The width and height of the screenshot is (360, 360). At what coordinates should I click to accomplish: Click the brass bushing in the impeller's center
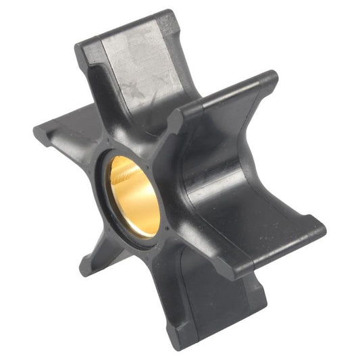pos(134,196)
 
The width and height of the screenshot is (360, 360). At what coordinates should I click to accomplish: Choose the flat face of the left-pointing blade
pos(74,142)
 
